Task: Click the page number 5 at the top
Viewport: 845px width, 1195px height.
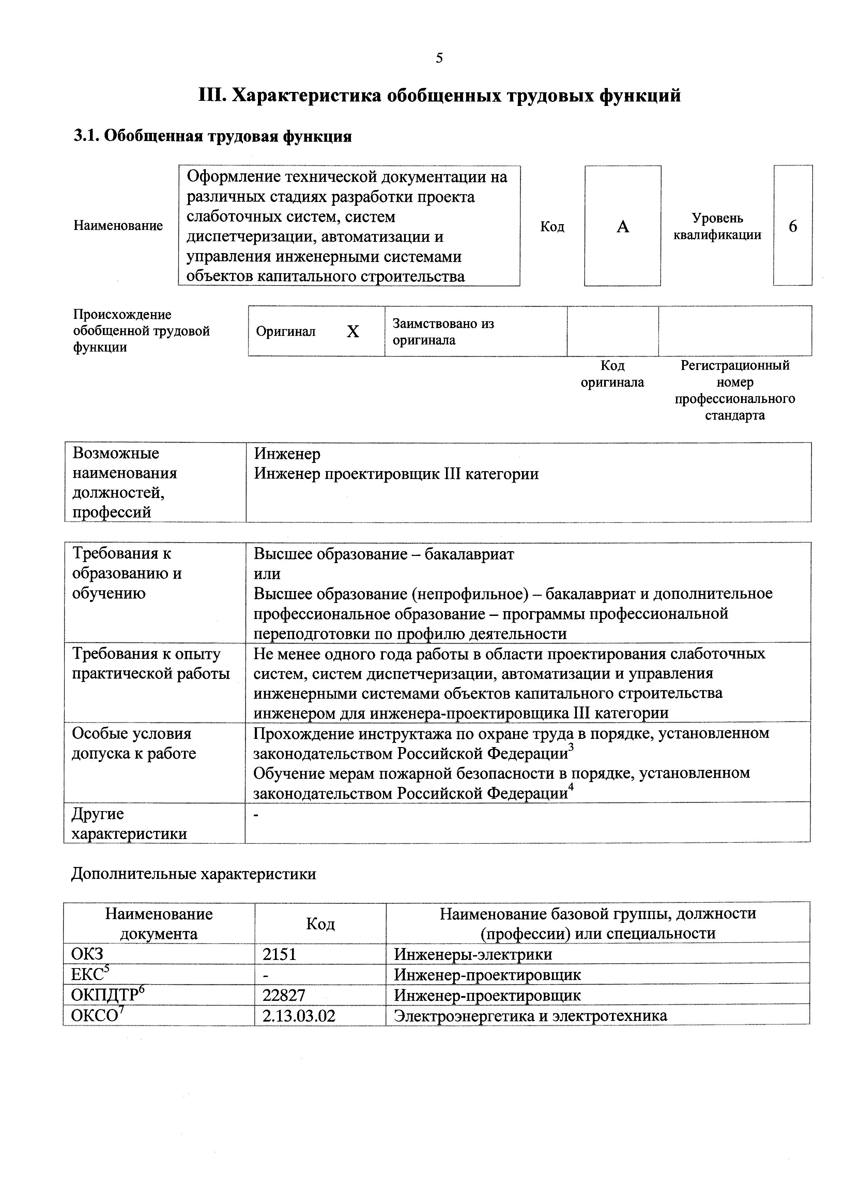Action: pos(439,58)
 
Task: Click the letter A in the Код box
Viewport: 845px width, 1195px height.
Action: pos(623,227)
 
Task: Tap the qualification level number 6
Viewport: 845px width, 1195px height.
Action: pos(793,227)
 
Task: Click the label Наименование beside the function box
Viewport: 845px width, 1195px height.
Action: pos(118,226)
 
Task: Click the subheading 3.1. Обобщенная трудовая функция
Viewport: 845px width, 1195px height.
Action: pos(212,136)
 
